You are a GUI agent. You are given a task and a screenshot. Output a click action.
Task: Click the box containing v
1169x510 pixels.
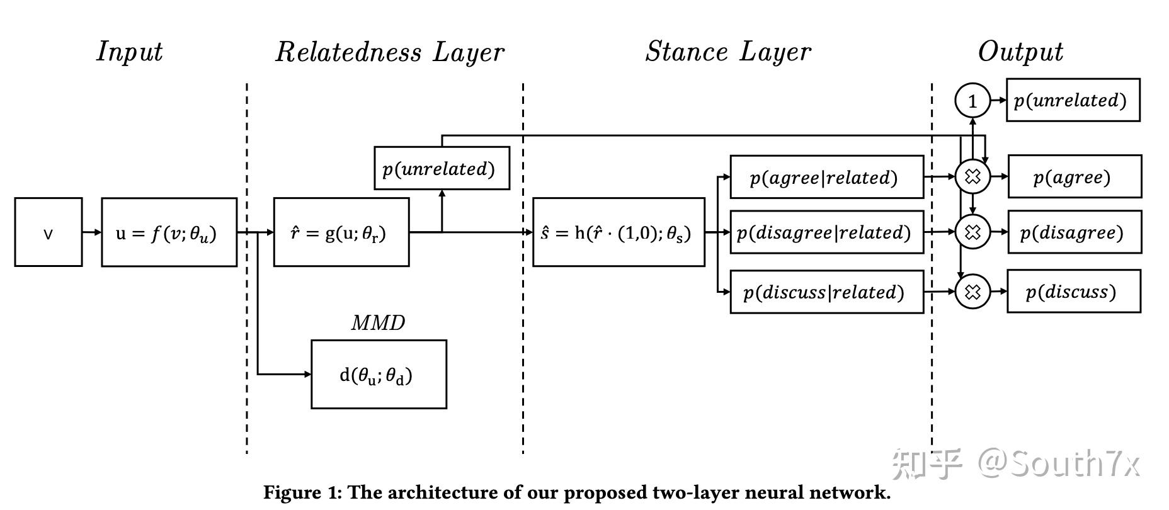pyautogui.click(x=48, y=232)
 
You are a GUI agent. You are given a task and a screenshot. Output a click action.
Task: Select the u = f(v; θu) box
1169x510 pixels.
pyautogui.click(x=169, y=232)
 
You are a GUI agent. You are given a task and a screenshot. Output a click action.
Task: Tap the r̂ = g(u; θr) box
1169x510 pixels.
pyautogui.click(x=341, y=232)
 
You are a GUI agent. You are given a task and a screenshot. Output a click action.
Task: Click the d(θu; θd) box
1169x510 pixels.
pyautogui.click(x=379, y=375)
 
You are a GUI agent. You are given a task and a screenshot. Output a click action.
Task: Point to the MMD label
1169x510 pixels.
pyautogui.click(x=378, y=323)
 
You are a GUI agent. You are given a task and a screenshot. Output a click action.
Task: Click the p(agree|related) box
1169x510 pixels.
pyautogui.click(x=827, y=177)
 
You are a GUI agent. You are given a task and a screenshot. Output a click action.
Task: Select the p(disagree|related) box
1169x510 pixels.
pyautogui.click(x=827, y=232)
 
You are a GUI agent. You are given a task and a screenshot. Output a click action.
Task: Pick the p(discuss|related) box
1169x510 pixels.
pyautogui.click(x=827, y=292)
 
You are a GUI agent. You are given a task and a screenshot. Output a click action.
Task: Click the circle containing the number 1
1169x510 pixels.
pyautogui.click(x=972, y=101)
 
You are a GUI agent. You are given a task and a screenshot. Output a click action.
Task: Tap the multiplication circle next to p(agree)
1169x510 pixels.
pyautogui.click(x=972, y=177)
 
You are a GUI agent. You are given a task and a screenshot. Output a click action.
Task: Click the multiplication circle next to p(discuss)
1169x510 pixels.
pyautogui.click(x=972, y=292)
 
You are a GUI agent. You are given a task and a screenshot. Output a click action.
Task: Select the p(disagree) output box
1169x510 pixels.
pyautogui.click(x=1075, y=232)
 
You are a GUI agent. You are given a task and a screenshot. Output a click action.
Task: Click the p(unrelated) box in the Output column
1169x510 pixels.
pyautogui.click(x=1073, y=100)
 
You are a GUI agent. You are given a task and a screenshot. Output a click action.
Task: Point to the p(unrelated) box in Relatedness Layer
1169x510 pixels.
pyautogui.click(x=442, y=168)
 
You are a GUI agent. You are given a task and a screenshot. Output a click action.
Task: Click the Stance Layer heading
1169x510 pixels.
pyautogui.click(x=729, y=52)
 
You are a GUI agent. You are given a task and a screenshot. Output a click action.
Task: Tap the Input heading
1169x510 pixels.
pyautogui.click(x=130, y=52)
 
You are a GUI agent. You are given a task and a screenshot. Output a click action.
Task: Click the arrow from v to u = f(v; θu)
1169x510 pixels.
pyautogui.click(x=92, y=232)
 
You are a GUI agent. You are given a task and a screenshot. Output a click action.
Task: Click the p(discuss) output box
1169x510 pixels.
pyautogui.click(x=1074, y=292)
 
